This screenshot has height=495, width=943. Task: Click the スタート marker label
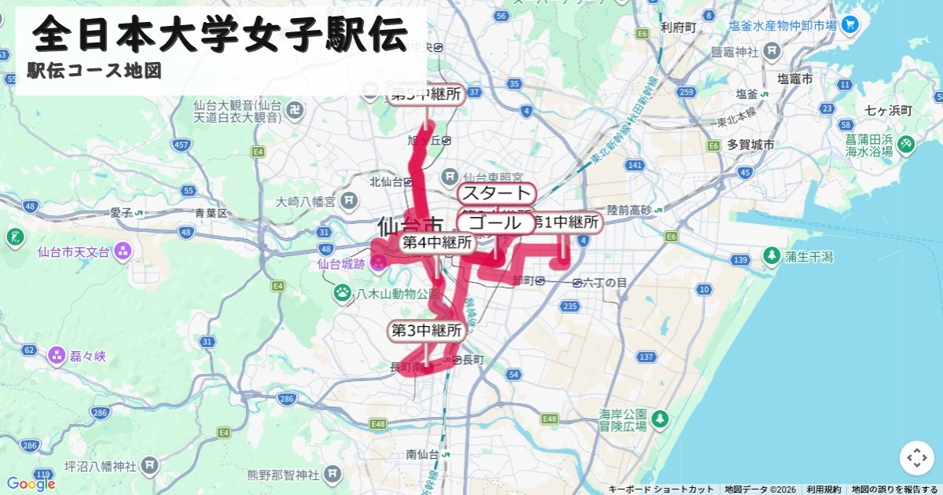click(x=496, y=194)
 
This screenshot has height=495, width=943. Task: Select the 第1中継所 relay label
click(x=567, y=223)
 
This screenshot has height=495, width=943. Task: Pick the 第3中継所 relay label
click(x=426, y=330)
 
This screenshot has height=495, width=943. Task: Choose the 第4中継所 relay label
click(x=437, y=243)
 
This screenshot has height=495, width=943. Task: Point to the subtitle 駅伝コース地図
click(x=94, y=71)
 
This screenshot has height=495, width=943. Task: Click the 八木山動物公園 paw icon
click(x=343, y=293)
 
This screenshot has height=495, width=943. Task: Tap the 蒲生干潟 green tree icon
click(x=772, y=256)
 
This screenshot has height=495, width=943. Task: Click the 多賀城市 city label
click(x=750, y=145)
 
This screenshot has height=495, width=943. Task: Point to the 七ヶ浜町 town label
click(x=886, y=109)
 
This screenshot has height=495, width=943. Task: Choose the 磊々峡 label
click(x=86, y=356)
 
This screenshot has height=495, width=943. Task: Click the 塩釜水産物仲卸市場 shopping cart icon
click(x=849, y=25)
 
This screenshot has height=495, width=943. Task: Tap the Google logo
click(x=31, y=483)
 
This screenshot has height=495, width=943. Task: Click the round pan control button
click(x=916, y=458)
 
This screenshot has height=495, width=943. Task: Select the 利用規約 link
click(x=824, y=489)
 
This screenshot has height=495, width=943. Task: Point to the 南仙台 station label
click(x=422, y=454)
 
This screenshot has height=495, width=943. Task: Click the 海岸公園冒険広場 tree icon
click(x=661, y=420)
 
